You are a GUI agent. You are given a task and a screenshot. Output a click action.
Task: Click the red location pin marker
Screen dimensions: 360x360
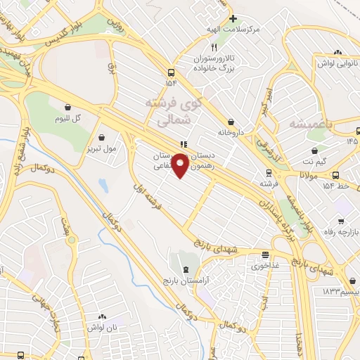(x=181, y=165)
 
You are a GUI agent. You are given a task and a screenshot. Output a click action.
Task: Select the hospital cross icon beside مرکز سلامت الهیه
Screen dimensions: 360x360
(x=233, y=19)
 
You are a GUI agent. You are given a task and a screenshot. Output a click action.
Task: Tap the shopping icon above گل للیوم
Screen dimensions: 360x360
(x=67, y=108)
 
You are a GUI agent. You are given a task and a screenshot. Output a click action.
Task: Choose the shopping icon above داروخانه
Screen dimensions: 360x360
(x=231, y=121)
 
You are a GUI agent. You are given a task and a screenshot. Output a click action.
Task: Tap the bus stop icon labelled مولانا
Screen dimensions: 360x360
(x=336, y=175)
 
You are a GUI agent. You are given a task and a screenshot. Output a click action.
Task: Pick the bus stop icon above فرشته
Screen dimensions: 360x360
(x=267, y=173)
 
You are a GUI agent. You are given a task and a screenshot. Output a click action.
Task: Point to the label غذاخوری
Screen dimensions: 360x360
(x=265, y=266)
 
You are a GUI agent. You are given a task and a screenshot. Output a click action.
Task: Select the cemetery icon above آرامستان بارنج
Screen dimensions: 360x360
(x=185, y=270)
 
